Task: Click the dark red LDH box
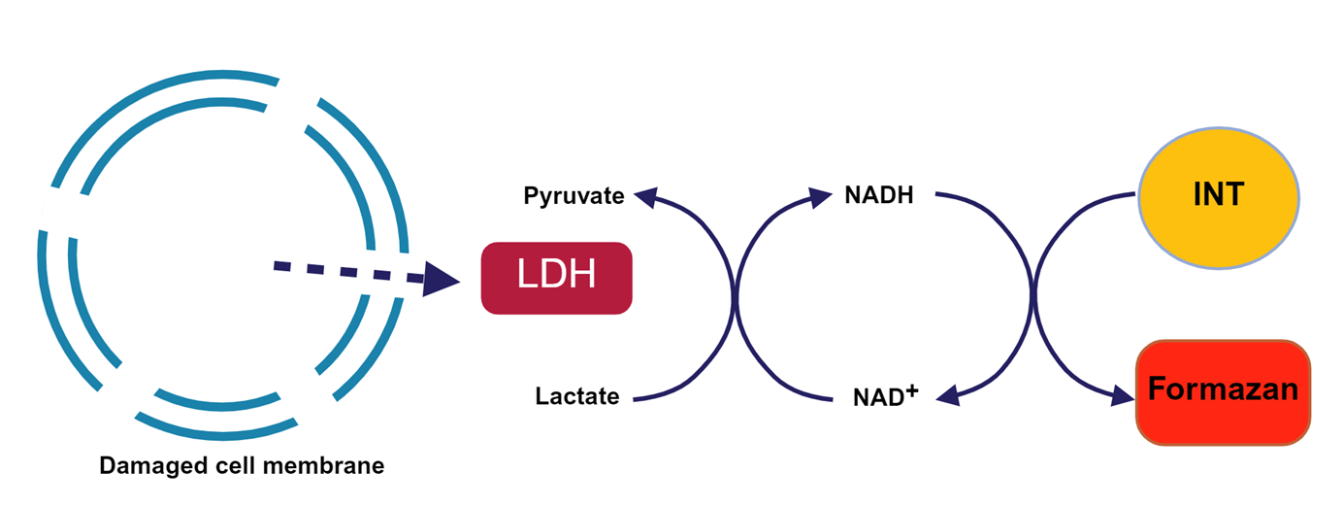[556, 278]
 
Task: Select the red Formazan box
[1223, 391]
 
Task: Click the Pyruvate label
[573, 196]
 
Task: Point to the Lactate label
[577, 396]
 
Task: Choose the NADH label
[878, 195]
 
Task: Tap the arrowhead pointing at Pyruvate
[645, 196]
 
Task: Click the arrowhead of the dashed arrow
[442, 280]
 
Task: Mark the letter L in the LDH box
[525, 278]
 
